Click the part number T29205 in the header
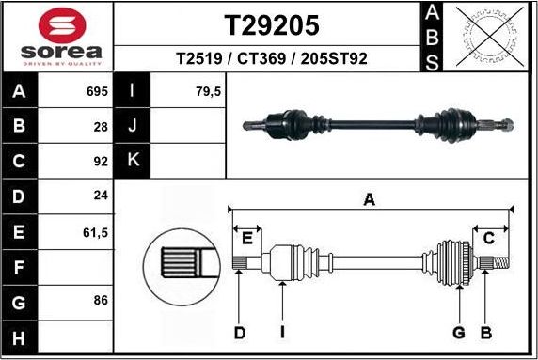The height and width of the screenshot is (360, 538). point(271,24)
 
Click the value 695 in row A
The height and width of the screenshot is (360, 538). point(96,92)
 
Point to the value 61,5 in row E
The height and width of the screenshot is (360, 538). point(96,230)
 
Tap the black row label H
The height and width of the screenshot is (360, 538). point(20,336)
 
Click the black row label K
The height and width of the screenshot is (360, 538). point(133,161)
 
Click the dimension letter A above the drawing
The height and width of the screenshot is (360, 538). point(370,199)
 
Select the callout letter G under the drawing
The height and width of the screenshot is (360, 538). point(459,332)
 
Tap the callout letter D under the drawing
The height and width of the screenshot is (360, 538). point(240,332)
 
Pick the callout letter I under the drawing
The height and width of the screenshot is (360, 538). point(283,332)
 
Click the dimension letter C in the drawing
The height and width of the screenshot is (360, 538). point(488,238)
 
